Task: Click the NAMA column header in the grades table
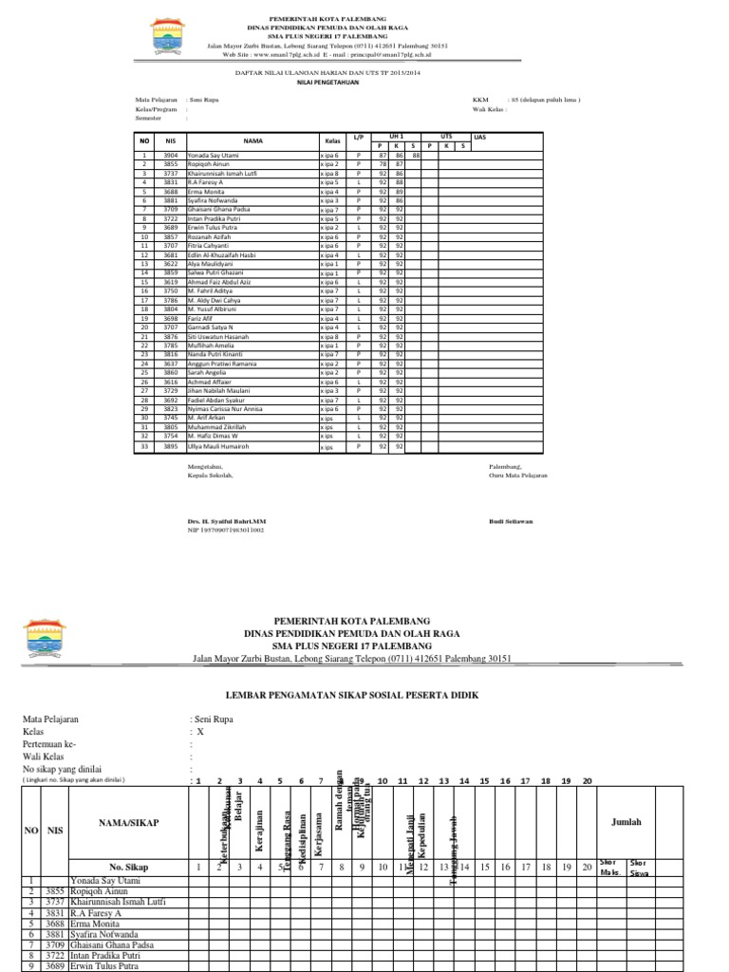(x=252, y=140)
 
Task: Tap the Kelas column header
(x=331, y=140)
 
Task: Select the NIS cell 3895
(x=171, y=446)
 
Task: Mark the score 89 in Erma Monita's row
(x=400, y=191)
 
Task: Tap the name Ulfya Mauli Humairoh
(x=217, y=446)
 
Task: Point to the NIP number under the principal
(x=225, y=531)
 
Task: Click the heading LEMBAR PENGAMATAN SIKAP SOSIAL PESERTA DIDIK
(x=364, y=695)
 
